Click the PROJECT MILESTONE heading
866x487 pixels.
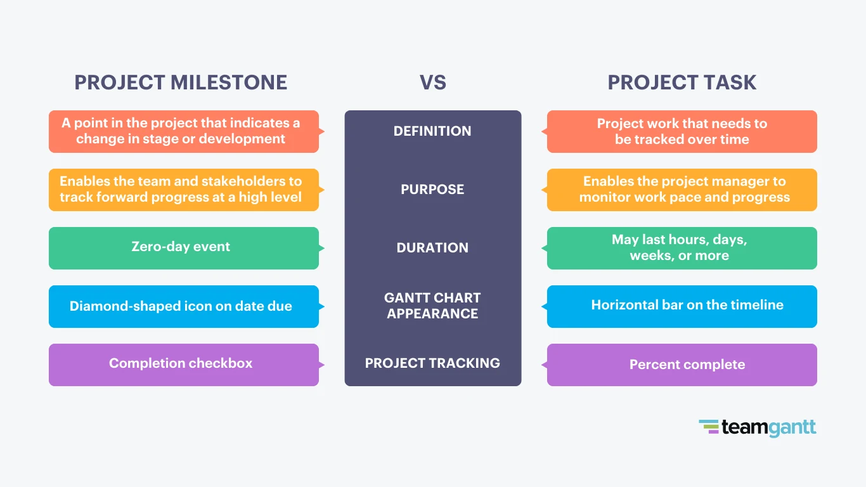pos(181,82)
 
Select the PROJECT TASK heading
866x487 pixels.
pos(682,82)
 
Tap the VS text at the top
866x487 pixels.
pos(432,82)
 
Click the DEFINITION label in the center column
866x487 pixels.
pos(432,131)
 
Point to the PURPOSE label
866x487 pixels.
pos(432,190)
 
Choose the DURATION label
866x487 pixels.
pos(432,248)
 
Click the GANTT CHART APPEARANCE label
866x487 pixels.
pos(432,306)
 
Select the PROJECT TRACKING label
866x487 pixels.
pos(432,363)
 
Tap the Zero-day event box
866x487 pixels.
pos(183,248)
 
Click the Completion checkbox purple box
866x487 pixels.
pos(183,365)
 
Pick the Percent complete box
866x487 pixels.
pos(682,365)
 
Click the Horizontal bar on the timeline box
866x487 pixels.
pos(682,306)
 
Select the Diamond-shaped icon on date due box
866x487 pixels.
pos(183,306)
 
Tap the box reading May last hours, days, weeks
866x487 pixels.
pos(682,248)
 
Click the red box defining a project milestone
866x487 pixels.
pos(183,131)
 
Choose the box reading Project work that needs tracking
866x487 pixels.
pos(682,131)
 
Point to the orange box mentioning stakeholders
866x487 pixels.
pos(183,190)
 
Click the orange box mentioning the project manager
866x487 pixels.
pos(682,190)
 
